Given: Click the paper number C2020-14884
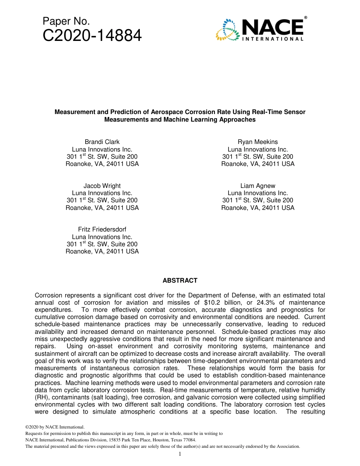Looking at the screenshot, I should pyautogui.click(x=92, y=36).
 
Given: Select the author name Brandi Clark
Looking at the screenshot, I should pyautogui.click(x=102, y=142).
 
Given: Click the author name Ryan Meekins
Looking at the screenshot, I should pyautogui.click(x=258, y=142).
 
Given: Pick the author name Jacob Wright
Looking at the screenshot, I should pyautogui.click(x=102, y=186).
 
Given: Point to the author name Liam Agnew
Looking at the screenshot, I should pyautogui.click(x=258, y=186).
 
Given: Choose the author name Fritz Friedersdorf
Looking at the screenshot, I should pyautogui.click(x=102, y=229).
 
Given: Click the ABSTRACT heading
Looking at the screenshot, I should pyautogui.click(x=180, y=280).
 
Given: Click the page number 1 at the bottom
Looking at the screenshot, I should pyautogui.click(x=180, y=454).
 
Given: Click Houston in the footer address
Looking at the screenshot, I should pyautogui.click(x=154, y=440).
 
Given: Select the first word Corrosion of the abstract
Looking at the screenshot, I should pyautogui.click(x=49, y=295).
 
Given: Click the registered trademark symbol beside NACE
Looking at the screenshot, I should pyautogui.click(x=305, y=18).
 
